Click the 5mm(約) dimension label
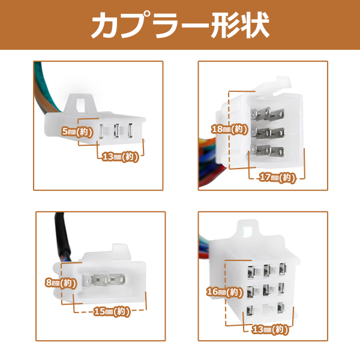[77, 130]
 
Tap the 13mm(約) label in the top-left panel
[121, 157]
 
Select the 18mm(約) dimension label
[229, 128]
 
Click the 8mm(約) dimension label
[60, 282]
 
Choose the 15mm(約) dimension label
[110, 311]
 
